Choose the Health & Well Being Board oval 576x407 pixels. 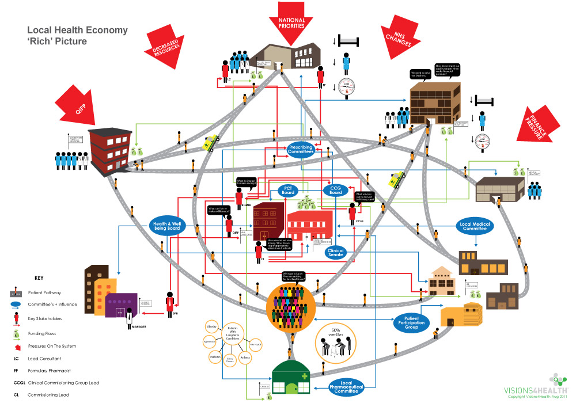coord(166,226)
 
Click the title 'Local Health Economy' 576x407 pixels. coord(78,31)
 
